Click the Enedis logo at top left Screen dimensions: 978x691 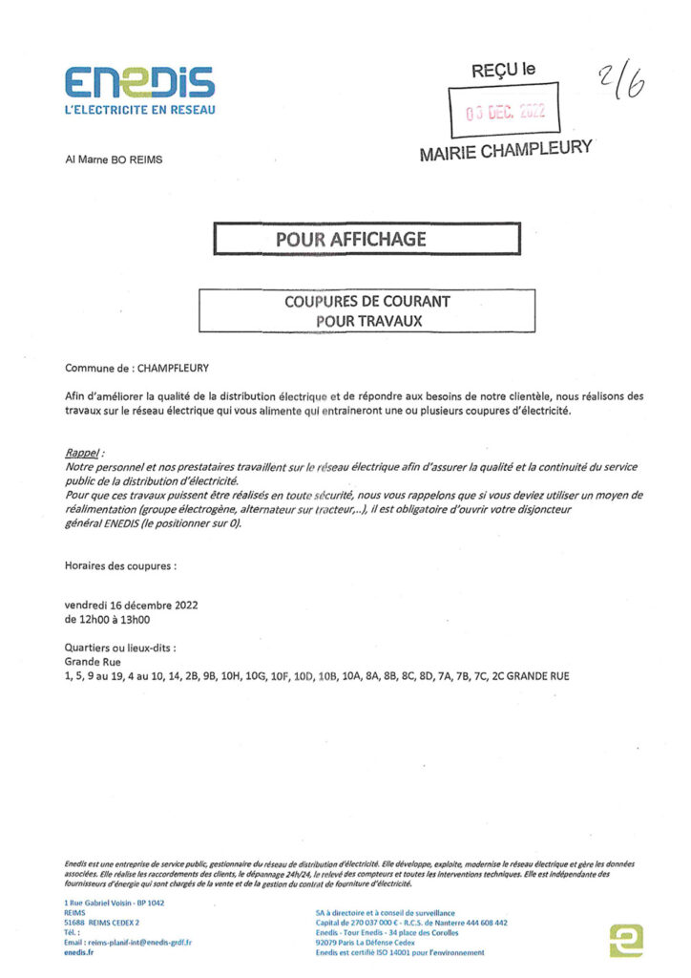(x=139, y=82)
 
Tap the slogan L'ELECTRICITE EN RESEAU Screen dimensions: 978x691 (x=140, y=110)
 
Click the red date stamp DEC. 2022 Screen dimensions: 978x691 (x=505, y=111)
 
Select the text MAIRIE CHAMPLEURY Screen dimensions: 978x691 (x=505, y=151)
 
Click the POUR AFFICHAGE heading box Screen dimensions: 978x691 (x=366, y=239)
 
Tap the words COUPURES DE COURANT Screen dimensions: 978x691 (x=367, y=302)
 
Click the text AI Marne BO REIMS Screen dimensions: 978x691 (x=114, y=159)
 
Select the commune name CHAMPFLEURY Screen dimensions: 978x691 (x=173, y=366)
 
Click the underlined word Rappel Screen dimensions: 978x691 (x=83, y=451)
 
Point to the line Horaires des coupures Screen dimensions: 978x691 (x=120, y=566)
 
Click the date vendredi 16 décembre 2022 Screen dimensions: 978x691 (x=131, y=606)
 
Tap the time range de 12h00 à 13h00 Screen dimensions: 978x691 (x=106, y=619)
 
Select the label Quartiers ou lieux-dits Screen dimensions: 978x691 (x=120, y=648)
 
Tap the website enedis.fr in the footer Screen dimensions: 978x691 (x=78, y=952)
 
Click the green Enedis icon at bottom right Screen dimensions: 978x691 (x=625, y=941)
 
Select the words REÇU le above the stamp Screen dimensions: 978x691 (x=504, y=70)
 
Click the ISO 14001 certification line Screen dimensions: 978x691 (x=399, y=952)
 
